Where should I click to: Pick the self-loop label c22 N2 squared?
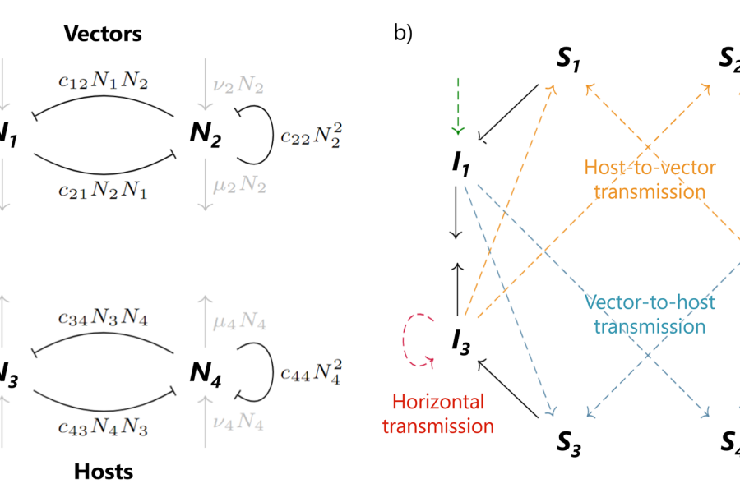(x=309, y=136)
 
